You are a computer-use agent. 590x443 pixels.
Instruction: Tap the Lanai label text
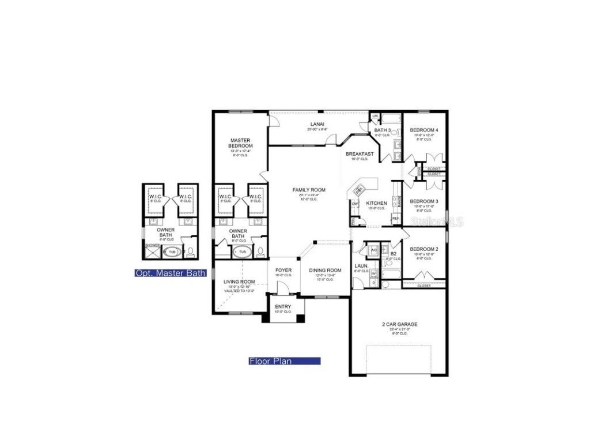(317, 124)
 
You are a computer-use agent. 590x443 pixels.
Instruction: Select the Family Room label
(309, 190)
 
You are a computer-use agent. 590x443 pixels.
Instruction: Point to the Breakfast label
(360, 154)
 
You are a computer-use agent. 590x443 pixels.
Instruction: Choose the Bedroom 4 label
(424, 130)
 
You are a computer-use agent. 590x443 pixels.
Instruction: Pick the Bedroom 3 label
(424, 201)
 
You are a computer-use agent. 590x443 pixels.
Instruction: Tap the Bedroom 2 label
(424, 249)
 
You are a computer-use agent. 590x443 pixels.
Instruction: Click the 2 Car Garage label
(399, 324)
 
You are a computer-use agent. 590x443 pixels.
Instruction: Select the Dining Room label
(325, 270)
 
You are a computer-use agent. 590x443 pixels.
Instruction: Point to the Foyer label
(283, 270)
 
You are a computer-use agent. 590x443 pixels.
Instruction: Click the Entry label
(283, 306)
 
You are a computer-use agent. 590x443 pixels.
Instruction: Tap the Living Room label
(239, 281)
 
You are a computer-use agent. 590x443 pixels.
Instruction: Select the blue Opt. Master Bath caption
(169, 273)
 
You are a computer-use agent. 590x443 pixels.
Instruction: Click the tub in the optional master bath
(172, 252)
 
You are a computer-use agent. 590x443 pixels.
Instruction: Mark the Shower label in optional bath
(152, 245)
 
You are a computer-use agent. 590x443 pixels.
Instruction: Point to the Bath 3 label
(382, 130)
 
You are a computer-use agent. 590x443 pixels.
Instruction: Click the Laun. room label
(361, 266)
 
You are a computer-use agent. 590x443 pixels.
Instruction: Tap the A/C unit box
(373, 250)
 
